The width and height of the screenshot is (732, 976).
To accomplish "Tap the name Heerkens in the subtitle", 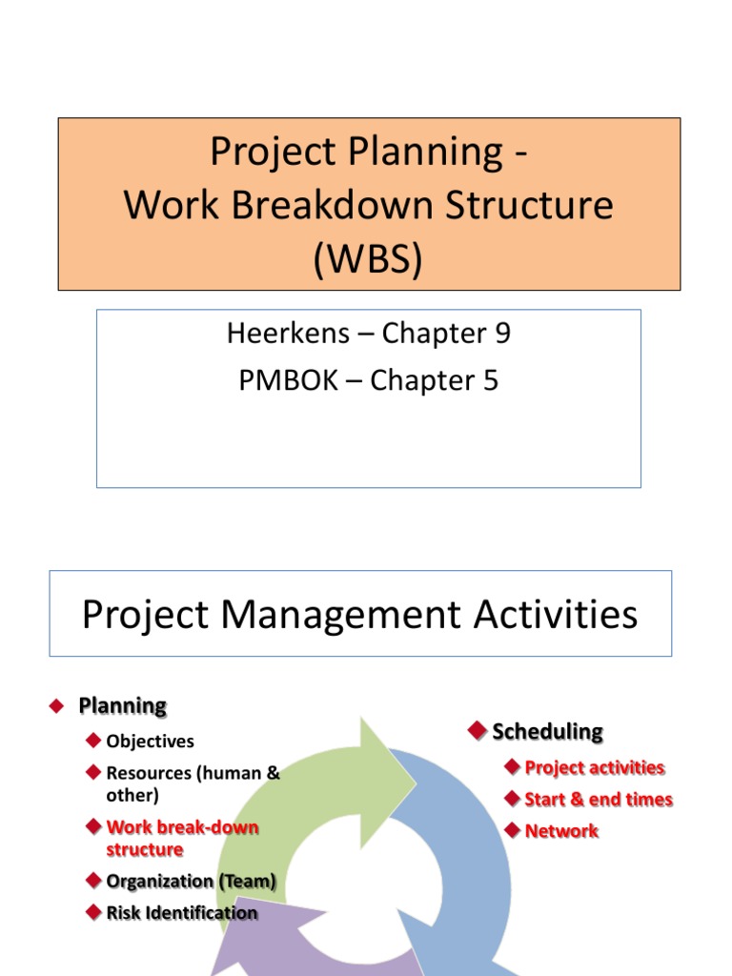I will [x=288, y=334].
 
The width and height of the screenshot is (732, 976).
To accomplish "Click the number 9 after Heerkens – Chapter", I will [x=501, y=334].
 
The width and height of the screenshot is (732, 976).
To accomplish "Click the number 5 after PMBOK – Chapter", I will [x=490, y=380].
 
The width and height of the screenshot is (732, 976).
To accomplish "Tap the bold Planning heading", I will [x=122, y=706].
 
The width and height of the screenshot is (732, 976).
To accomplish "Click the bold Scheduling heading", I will [x=547, y=732].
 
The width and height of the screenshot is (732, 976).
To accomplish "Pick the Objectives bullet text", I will [x=150, y=742].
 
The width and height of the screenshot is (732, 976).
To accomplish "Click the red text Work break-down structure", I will [x=181, y=838].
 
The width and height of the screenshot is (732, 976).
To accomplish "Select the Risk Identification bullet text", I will [x=181, y=913].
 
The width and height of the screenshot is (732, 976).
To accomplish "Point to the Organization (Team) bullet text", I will [x=191, y=882].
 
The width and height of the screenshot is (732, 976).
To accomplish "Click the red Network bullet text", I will [x=561, y=831].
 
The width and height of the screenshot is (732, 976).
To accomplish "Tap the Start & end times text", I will [x=598, y=800].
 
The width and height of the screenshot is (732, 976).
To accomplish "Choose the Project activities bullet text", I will [x=594, y=768].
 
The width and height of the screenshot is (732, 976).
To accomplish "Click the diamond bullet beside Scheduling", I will [x=478, y=731].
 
